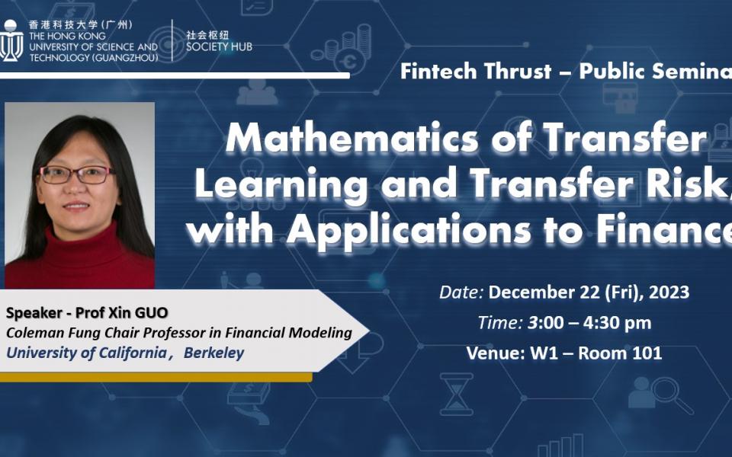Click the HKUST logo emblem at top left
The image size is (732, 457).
click(x=10, y=42)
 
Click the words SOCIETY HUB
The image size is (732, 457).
click(x=219, y=47)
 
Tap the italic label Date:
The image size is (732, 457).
click(x=461, y=292)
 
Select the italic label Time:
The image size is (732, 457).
click(x=500, y=322)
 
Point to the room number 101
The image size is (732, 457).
click(x=647, y=353)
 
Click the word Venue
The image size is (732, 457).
click(x=492, y=353)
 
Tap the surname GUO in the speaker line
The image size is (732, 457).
click(x=150, y=313)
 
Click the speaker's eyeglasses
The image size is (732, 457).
click(x=77, y=174)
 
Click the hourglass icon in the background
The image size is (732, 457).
click(x=456, y=394)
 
